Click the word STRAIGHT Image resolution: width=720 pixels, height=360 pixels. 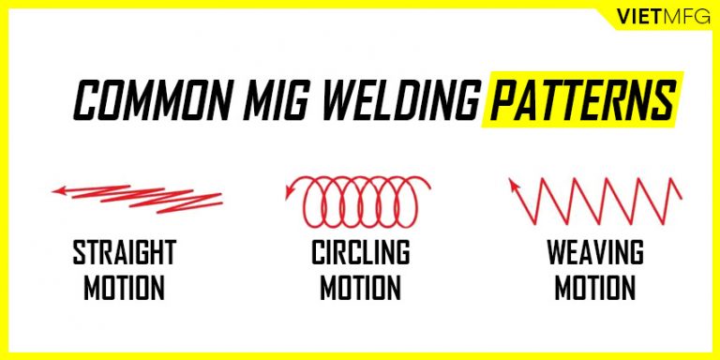[x=124, y=253]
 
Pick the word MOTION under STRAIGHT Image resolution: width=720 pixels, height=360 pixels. [x=124, y=288]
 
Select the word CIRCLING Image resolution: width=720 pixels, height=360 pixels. [x=360, y=253]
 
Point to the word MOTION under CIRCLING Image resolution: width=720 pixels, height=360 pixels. [x=360, y=288]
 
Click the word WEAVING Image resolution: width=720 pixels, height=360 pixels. [x=596, y=253]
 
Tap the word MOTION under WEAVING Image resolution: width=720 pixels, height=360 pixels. [x=596, y=288]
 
